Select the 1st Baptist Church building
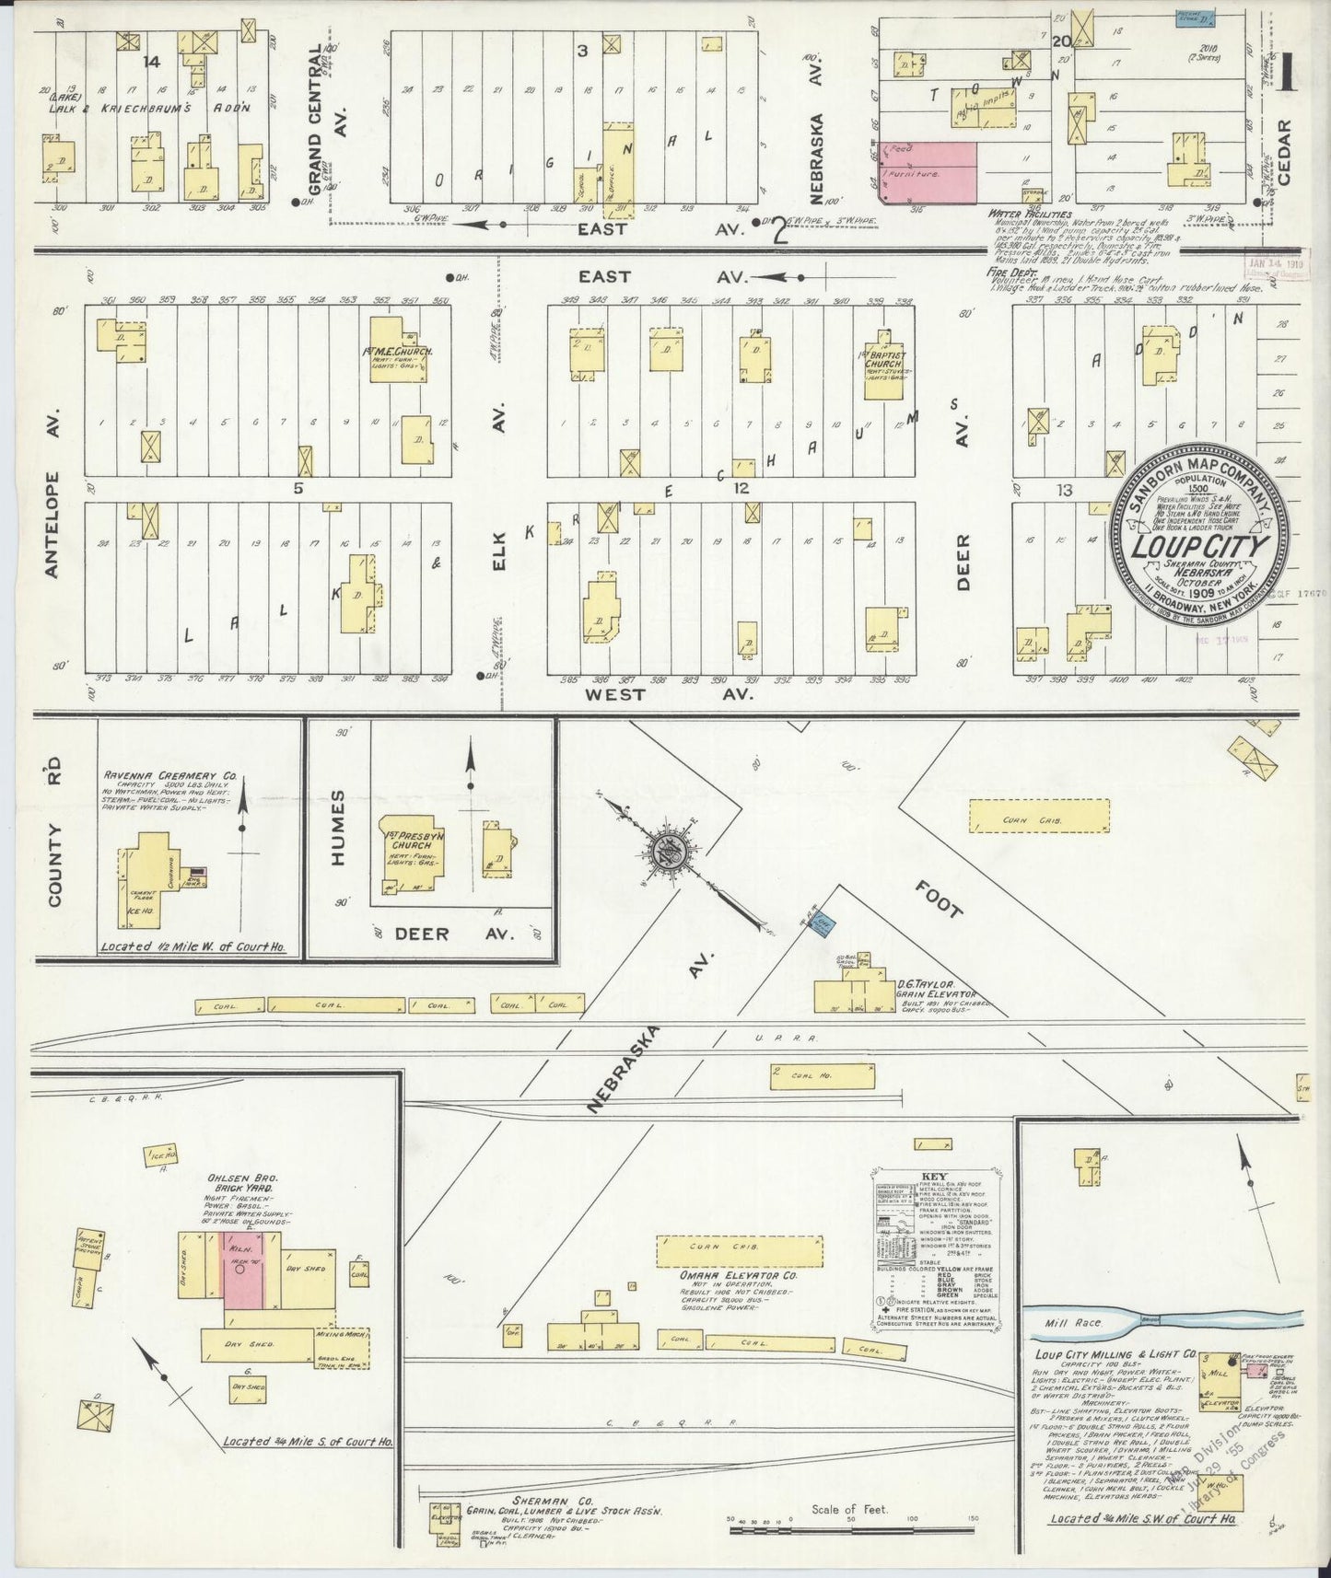(x=883, y=368)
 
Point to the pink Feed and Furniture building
(x=926, y=173)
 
